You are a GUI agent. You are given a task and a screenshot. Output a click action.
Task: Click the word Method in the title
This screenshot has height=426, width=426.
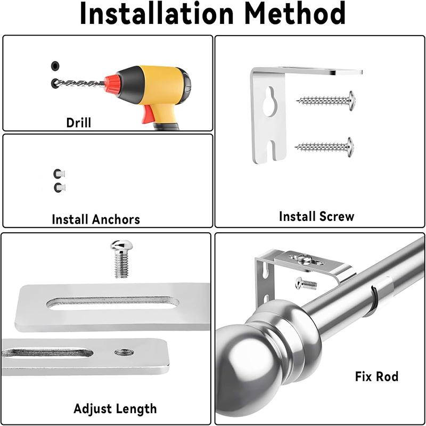[x=300, y=15]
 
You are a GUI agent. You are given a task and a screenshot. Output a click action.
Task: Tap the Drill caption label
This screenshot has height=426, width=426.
[x=79, y=122]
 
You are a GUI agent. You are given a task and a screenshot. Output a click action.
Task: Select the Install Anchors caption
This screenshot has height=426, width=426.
[x=96, y=219]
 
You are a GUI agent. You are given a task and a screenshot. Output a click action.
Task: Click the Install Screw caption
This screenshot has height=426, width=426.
[x=316, y=216]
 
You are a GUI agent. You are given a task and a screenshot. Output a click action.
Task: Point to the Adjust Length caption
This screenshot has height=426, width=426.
[x=115, y=409]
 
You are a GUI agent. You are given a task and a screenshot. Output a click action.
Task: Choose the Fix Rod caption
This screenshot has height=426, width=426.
[x=376, y=376]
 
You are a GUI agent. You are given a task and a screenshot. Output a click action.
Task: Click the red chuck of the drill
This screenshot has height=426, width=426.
[x=112, y=84]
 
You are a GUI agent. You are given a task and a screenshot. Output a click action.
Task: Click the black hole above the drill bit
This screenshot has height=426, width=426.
[x=55, y=66]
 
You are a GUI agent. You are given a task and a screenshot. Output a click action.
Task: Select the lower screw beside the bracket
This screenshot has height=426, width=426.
[x=325, y=145]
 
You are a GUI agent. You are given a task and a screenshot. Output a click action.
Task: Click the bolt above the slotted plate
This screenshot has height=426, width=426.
[x=121, y=258]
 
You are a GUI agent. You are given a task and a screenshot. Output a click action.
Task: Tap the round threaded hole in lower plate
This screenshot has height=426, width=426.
[x=124, y=352]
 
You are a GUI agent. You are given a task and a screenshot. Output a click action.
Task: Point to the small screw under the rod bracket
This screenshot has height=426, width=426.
[x=306, y=283]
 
